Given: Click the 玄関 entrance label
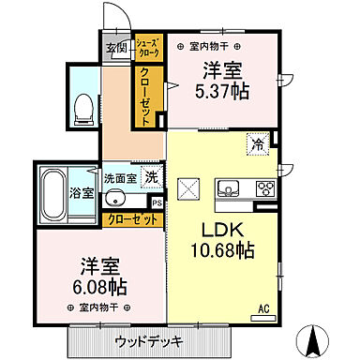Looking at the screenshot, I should coord(115,49).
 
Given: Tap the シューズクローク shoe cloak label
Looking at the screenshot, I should coord(147,50).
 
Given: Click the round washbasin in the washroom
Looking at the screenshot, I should coord(115,198).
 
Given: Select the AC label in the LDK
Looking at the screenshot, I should coord(264,307).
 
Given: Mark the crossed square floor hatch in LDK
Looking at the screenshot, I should coord(187,188).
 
